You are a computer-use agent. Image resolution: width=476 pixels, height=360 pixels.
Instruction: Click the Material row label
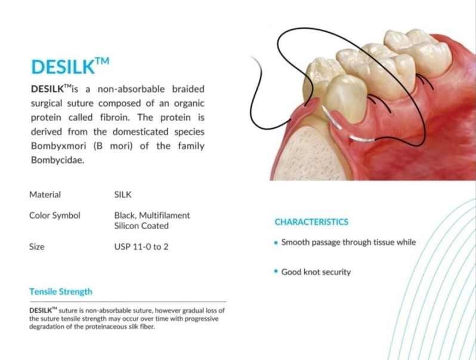click(x=45, y=195)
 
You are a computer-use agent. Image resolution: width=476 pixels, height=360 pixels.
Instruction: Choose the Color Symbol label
click(x=54, y=216)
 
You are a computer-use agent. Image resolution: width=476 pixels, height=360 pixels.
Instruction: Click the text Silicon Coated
click(x=141, y=226)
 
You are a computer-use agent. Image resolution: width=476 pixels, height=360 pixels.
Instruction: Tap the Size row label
click(x=36, y=247)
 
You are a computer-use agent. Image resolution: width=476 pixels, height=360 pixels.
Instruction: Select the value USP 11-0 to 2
click(x=141, y=247)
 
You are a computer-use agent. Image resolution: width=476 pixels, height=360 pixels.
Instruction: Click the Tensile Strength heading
click(x=61, y=292)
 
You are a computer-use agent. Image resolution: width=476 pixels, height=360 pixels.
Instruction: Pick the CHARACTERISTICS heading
click(x=311, y=222)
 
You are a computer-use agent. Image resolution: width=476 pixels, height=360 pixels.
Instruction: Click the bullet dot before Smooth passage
click(x=276, y=243)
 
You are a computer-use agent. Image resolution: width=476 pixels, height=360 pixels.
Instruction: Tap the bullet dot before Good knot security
click(x=276, y=272)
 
